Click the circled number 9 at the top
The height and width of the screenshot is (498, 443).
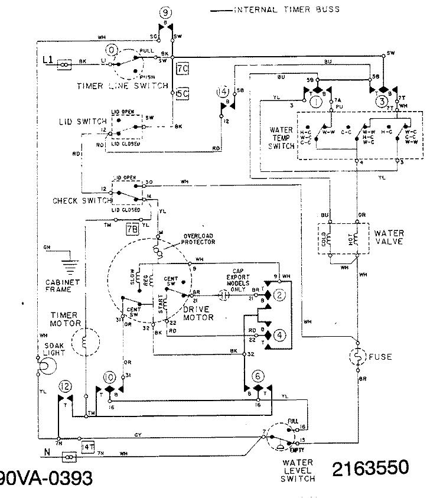[x=166, y=12]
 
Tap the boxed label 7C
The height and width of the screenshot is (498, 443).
[x=183, y=68]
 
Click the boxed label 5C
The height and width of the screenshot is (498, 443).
[x=183, y=93]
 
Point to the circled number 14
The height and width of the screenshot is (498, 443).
[x=222, y=92]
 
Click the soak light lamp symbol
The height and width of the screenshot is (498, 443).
[x=42, y=368]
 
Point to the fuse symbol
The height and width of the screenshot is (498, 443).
[x=357, y=356]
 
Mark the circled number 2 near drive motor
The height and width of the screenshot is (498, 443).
[x=281, y=294]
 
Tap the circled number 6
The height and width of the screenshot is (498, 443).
[x=258, y=376]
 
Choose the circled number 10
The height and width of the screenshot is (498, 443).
[x=109, y=377]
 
